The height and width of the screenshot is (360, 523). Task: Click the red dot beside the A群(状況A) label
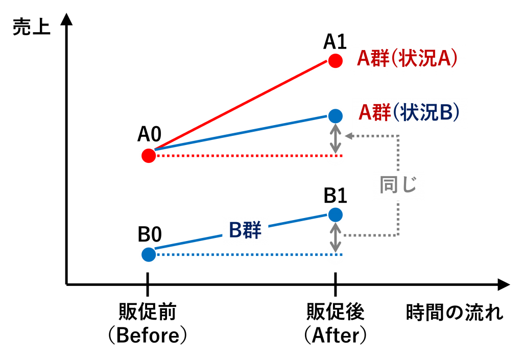335,61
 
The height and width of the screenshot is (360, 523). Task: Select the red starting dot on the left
149,155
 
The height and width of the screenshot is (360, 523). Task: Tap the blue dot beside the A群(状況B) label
335,116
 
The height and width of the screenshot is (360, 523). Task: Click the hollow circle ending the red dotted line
335,156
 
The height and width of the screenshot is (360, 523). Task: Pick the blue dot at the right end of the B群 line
335,214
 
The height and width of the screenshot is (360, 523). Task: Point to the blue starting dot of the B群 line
149,254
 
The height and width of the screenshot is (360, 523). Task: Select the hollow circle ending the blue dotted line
335,254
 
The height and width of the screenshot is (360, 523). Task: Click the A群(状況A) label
408,59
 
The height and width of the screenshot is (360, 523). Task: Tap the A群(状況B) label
410,113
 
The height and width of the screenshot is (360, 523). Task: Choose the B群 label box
245,231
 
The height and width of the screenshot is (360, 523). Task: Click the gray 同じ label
398,185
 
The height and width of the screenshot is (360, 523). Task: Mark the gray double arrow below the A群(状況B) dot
335,137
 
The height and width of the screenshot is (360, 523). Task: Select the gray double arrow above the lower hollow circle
335,236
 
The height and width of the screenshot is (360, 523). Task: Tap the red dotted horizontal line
240,155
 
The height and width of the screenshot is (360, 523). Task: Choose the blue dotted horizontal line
240,254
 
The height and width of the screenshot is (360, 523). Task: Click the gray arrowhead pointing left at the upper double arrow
349,136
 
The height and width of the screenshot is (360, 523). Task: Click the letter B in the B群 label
235,231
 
